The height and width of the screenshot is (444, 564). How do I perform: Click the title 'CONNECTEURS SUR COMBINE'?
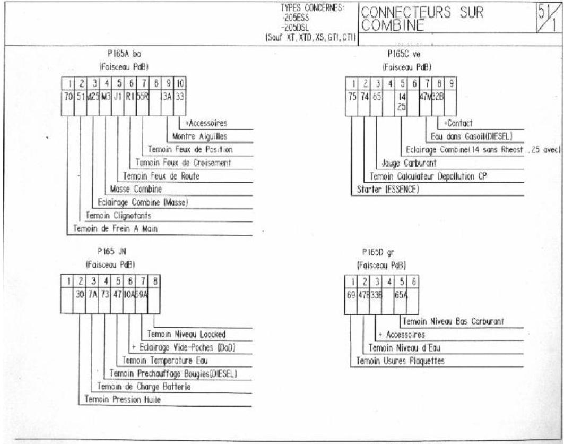[x=422, y=20]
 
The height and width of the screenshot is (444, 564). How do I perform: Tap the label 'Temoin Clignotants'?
[x=118, y=216]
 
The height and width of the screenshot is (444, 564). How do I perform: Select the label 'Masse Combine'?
[x=136, y=189]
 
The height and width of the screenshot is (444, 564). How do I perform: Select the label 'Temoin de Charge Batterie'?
[x=143, y=387]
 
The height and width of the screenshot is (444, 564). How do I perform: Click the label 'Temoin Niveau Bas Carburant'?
[x=453, y=321]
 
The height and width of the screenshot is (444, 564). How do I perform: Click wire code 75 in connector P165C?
[x=352, y=98]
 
